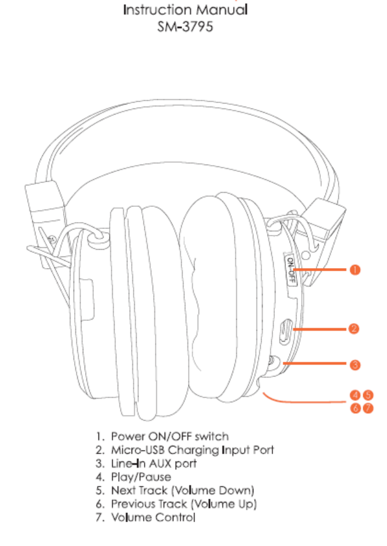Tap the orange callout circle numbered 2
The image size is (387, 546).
353,329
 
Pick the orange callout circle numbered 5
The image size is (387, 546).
367,395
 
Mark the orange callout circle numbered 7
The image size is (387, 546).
367,408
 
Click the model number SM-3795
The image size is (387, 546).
185,27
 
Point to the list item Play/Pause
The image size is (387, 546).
141,477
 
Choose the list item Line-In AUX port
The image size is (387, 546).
154,463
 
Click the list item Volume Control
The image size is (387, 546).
153,517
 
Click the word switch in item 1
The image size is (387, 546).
211,436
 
